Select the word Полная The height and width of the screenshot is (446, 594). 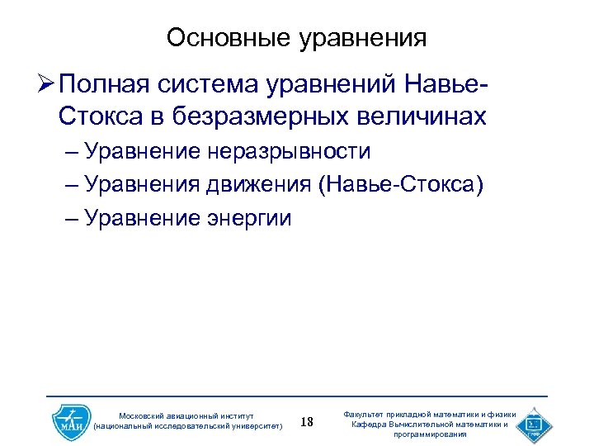[104, 84]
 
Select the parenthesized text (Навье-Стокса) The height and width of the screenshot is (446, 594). [401, 185]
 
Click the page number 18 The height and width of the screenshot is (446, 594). [306, 423]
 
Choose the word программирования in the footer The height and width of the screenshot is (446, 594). [429, 434]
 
